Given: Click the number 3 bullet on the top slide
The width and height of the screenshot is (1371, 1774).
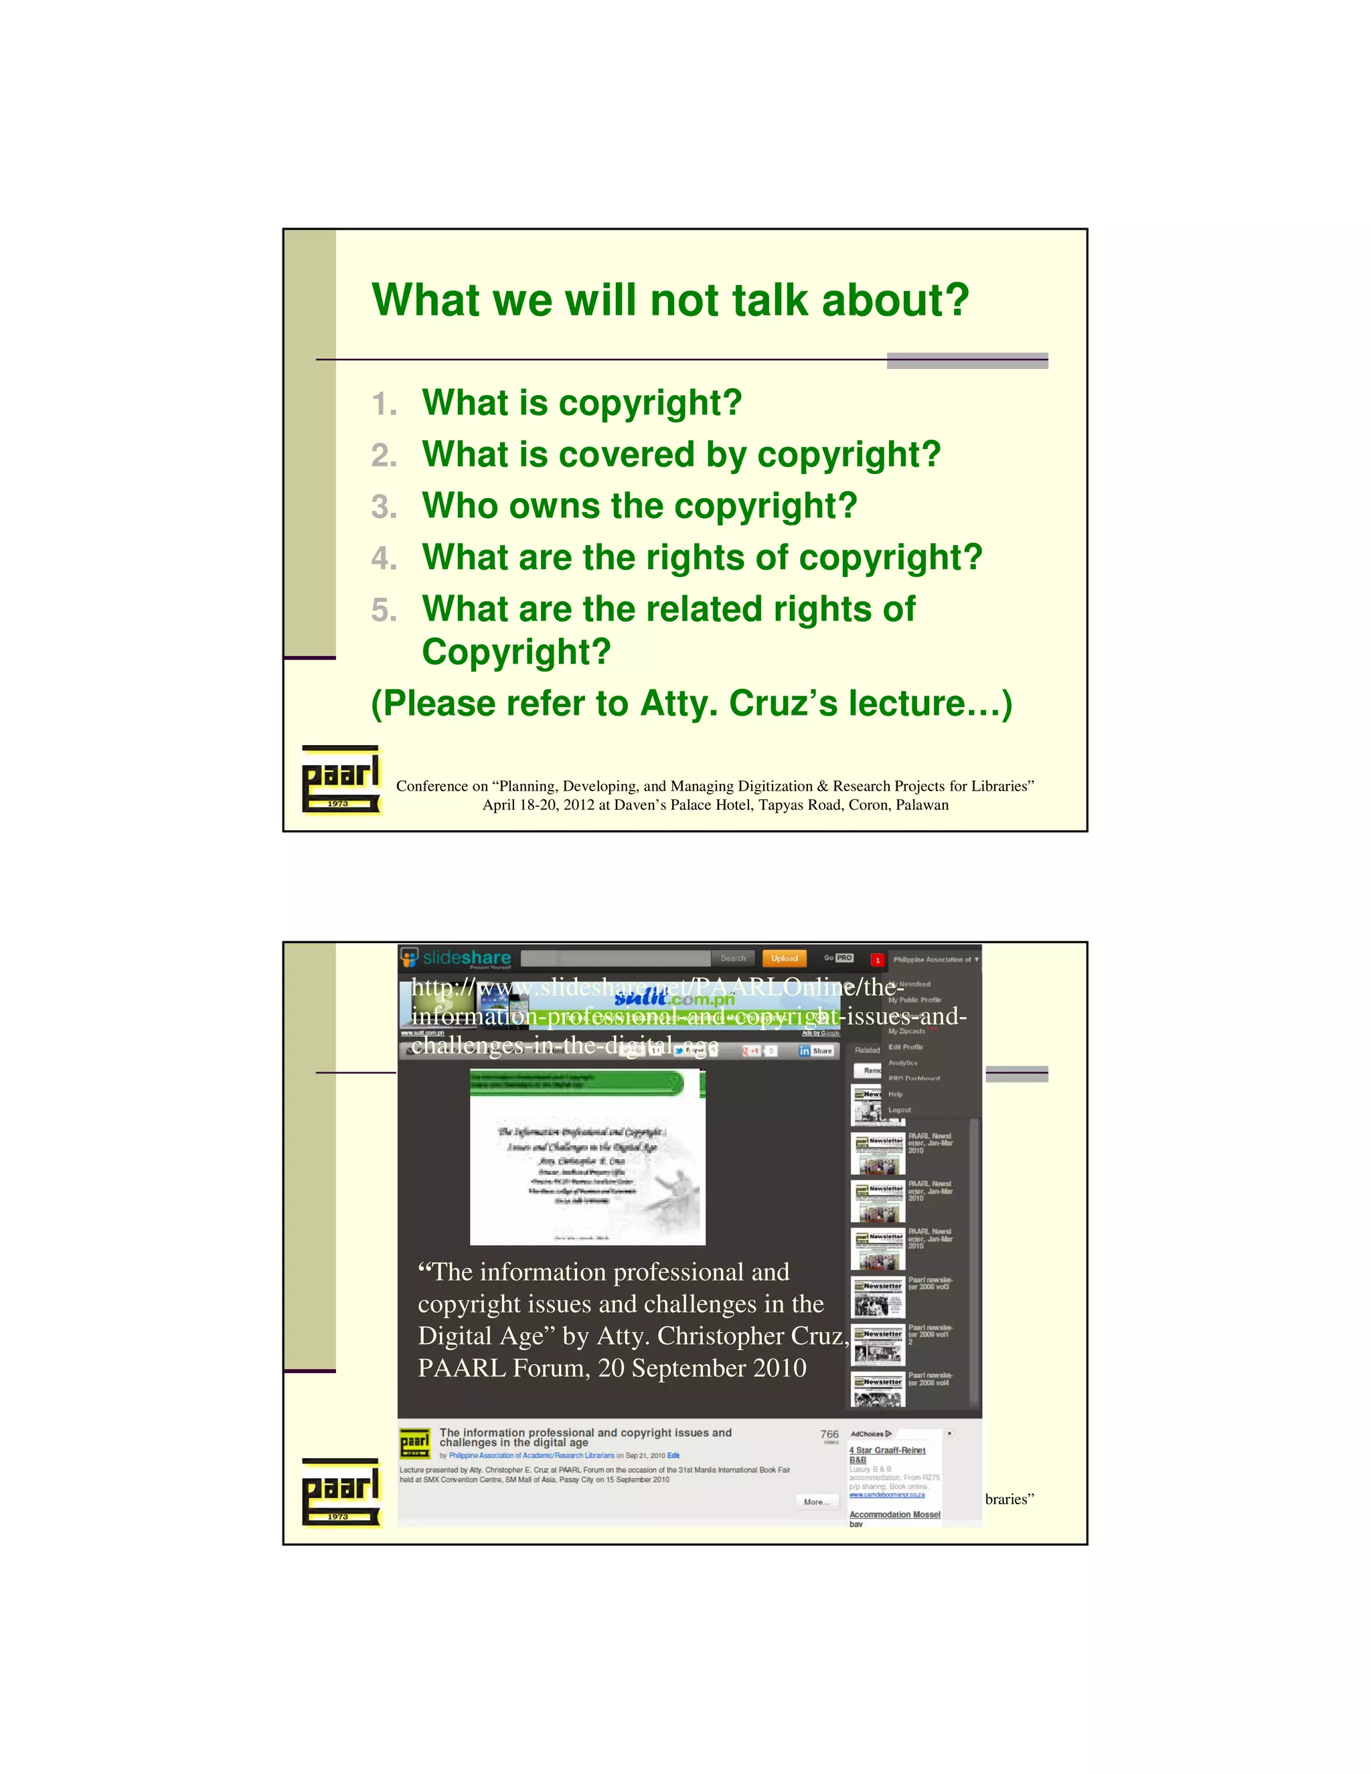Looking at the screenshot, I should pos(384,507).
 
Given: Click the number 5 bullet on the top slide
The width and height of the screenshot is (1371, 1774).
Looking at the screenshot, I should pos(384,611).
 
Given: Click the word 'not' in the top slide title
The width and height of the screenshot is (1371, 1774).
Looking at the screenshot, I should pos(685,301).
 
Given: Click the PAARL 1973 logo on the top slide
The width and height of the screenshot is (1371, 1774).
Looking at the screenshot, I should pos(340,780).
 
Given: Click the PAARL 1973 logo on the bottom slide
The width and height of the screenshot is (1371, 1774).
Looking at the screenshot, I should pos(340,1492).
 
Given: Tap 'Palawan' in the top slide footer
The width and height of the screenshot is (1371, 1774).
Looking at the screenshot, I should pos(922,805).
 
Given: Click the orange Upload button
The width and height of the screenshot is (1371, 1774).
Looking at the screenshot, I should pos(784,959).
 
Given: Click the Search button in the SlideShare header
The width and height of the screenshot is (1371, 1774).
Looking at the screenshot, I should pos(732,959).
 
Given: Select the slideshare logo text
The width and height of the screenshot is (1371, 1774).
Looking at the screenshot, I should pos(466,959).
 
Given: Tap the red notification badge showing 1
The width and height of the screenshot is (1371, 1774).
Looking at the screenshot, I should pos(877,960).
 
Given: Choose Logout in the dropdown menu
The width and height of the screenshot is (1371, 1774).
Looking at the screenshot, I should pos(899,1109).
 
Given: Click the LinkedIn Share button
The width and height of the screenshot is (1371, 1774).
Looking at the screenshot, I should pos(816,1051).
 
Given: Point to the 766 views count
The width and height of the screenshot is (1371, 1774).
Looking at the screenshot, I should pos(829,1435).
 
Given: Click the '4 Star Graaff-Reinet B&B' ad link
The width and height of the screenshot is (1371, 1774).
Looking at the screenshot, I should pos(886,1455).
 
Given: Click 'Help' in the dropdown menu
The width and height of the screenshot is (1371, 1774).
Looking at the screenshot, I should pos(895,1094).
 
